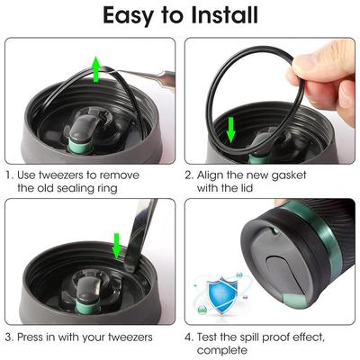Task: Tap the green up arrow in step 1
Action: click(x=96, y=69)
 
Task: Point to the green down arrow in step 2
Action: click(x=230, y=130)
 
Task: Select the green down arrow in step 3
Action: click(x=116, y=246)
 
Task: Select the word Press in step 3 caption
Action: click(x=30, y=337)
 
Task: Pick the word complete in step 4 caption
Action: click(x=222, y=350)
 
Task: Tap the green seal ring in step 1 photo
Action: click(x=80, y=146)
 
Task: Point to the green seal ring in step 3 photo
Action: click(x=87, y=307)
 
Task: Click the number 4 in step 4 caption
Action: click(x=188, y=337)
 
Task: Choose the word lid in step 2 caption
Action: click(x=247, y=188)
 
